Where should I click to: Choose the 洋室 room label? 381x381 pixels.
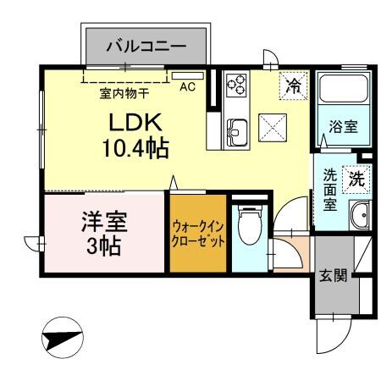pos(103,225)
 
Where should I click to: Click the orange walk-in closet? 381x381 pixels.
pos(198,233)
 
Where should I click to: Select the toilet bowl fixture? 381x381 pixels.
pos(249,229)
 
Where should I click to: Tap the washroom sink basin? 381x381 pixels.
pos(361,216)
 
